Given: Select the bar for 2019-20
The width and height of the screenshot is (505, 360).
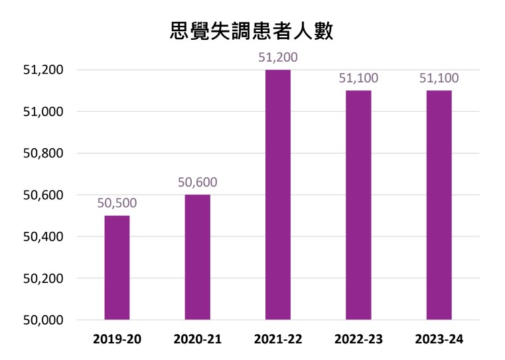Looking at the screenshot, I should [117, 268].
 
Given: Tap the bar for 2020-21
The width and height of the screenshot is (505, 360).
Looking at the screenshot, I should [197, 257].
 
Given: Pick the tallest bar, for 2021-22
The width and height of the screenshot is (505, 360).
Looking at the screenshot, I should [278, 195].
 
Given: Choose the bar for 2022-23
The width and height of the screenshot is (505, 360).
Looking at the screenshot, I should [358, 205].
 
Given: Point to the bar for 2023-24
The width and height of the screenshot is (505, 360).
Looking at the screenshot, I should [439, 205].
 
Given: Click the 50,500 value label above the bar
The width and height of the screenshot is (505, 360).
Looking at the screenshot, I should [117, 203].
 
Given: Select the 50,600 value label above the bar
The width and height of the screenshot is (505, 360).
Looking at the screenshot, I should [197, 183].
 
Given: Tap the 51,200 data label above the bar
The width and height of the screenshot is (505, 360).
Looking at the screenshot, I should [278, 58].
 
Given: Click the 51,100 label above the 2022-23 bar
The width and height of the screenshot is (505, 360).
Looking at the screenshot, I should [358, 78].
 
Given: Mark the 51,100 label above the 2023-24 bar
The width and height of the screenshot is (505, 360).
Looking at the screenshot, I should [439, 78].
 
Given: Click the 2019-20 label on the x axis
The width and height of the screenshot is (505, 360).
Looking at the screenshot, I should [117, 339].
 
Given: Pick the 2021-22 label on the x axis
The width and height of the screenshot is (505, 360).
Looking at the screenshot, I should [278, 339].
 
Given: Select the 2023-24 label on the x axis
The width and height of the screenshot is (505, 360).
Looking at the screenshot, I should [439, 339].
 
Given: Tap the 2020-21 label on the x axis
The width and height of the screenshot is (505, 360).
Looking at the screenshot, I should [197, 339].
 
